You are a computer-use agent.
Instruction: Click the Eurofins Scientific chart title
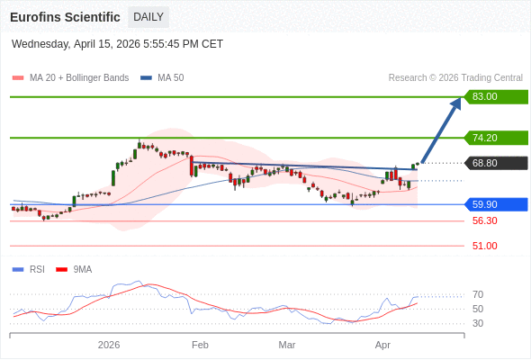pyautogui.click(x=65, y=17)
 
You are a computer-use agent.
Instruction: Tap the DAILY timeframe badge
pyautogui.click(x=148, y=17)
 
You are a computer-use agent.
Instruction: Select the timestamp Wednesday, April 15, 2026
pyautogui.click(x=117, y=44)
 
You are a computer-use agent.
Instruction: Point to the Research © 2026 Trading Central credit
pyautogui.click(x=455, y=77)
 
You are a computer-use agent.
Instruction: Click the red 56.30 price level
pyautogui.click(x=484, y=220)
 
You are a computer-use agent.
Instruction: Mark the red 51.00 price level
pyautogui.click(x=484, y=246)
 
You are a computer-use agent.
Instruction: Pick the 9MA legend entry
pyautogui.click(x=82, y=269)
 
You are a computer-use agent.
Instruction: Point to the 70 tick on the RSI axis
pyautogui.click(x=478, y=294)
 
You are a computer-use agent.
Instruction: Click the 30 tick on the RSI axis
pyautogui.click(x=478, y=323)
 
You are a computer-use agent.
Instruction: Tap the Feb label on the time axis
pyautogui.click(x=200, y=345)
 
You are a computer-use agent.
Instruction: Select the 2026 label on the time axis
pyautogui.click(x=109, y=345)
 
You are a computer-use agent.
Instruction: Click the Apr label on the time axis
pyautogui.click(x=382, y=345)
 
